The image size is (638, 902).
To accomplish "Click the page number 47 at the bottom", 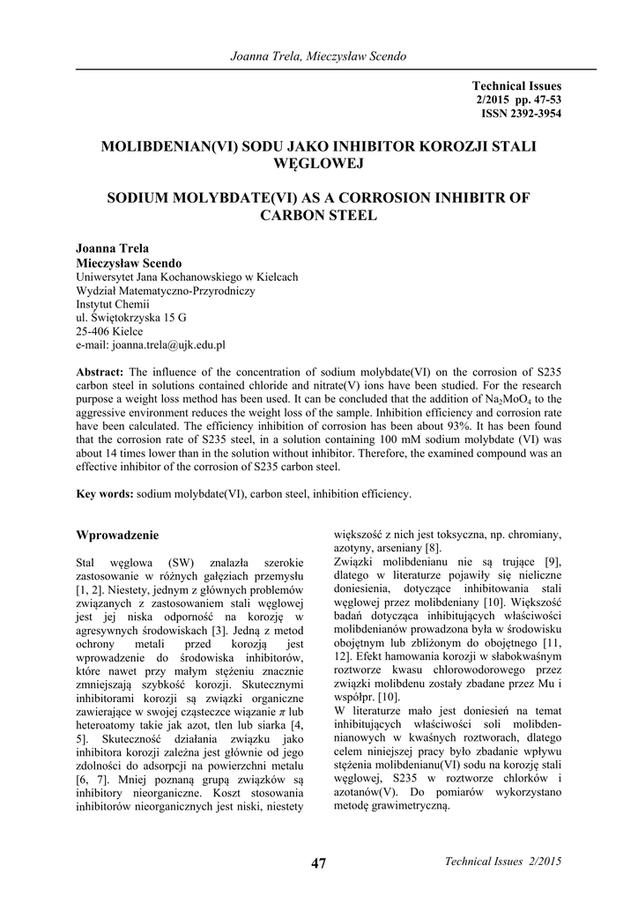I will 318,863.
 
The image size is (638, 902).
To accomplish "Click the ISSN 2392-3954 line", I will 521,114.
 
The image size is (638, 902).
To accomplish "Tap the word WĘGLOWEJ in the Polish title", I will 318,163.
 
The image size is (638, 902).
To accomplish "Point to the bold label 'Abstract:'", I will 102,373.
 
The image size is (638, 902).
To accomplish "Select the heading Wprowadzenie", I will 118,535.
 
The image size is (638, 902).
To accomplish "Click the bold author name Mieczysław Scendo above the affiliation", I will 130,263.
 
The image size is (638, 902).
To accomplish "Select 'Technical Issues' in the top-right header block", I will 516,85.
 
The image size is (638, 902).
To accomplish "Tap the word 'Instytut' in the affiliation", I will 98,304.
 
